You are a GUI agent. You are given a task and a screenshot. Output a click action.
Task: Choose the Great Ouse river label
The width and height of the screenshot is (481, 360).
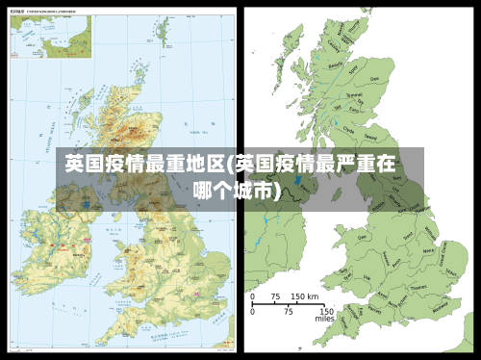tap(443, 258)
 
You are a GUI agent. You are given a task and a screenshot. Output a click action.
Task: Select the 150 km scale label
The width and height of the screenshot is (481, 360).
tap(306, 297)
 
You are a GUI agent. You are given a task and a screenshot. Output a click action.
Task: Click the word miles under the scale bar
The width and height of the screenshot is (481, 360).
tap(324, 320)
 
